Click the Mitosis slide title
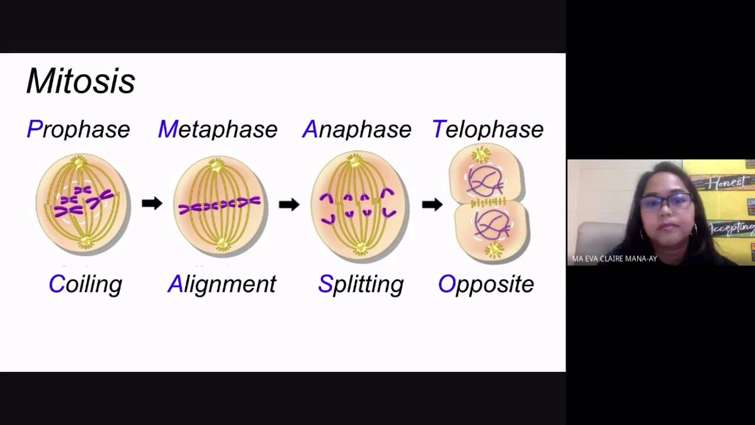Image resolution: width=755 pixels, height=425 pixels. pyautogui.click(x=81, y=81)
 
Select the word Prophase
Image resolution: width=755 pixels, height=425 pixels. pyautogui.click(x=78, y=129)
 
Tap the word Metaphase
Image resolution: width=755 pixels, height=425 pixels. pyautogui.click(x=218, y=129)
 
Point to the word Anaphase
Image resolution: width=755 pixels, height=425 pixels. pyautogui.click(x=356, y=129)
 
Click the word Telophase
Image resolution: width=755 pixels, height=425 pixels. pyautogui.click(x=488, y=129)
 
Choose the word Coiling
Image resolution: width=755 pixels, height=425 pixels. pyautogui.click(x=86, y=285)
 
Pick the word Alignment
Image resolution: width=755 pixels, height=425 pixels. pyautogui.click(x=222, y=285)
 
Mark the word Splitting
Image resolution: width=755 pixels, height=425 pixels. pyautogui.click(x=360, y=285)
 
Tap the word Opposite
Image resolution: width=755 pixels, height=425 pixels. pyautogui.click(x=486, y=285)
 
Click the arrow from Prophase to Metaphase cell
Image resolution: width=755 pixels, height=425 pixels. pyautogui.click(x=152, y=204)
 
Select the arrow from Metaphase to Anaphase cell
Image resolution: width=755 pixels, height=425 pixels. pyautogui.click(x=289, y=204)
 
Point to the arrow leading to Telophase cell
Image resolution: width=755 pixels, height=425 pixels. pyautogui.click(x=432, y=204)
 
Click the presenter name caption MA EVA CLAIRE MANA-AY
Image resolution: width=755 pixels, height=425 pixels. pyautogui.click(x=614, y=259)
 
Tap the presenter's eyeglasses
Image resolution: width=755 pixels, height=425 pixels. pyautogui.click(x=666, y=202)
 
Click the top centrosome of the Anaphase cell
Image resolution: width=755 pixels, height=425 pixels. pyautogui.click(x=355, y=159)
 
